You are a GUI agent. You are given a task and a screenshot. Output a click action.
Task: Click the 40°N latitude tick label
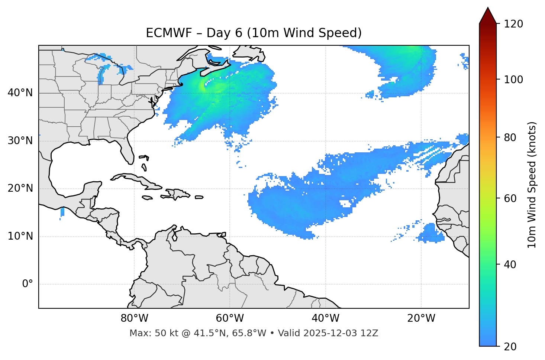pyautogui.click(x=20, y=93)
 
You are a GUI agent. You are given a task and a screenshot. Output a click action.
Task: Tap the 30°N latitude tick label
pyautogui.click(x=20, y=141)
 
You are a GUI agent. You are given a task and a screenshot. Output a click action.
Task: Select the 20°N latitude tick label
pyautogui.click(x=20, y=189)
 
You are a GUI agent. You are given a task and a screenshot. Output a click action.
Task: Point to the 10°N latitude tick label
pyautogui.click(x=20, y=236)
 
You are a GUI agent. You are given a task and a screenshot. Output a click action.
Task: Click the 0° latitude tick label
pyautogui.click(x=28, y=284)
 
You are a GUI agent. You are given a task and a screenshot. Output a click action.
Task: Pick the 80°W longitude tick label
pyautogui.click(x=134, y=318)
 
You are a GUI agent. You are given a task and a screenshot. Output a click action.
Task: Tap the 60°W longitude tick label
pyautogui.click(x=230, y=318)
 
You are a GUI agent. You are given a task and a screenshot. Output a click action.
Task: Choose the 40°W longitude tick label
pyautogui.click(x=326, y=318)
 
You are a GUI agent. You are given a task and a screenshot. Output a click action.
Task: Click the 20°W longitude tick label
pyautogui.click(x=421, y=318)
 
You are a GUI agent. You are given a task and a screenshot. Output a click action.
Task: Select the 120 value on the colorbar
pyautogui.click(x=513, y=24)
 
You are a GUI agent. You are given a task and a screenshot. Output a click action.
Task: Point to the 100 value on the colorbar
pyautogui.click(x=513, y=80)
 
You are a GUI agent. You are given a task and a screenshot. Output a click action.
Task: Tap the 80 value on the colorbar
pyautogui.click(x=510, y=138)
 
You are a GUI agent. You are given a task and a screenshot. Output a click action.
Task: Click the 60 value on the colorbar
pyautogui.click(x=510, y=198)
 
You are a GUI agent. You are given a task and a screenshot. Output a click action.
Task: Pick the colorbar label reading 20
pyautogui.click(x=510, y=347)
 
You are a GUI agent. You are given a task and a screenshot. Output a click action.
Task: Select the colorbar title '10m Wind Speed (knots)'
pyautogui.click(x=532, y=185)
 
